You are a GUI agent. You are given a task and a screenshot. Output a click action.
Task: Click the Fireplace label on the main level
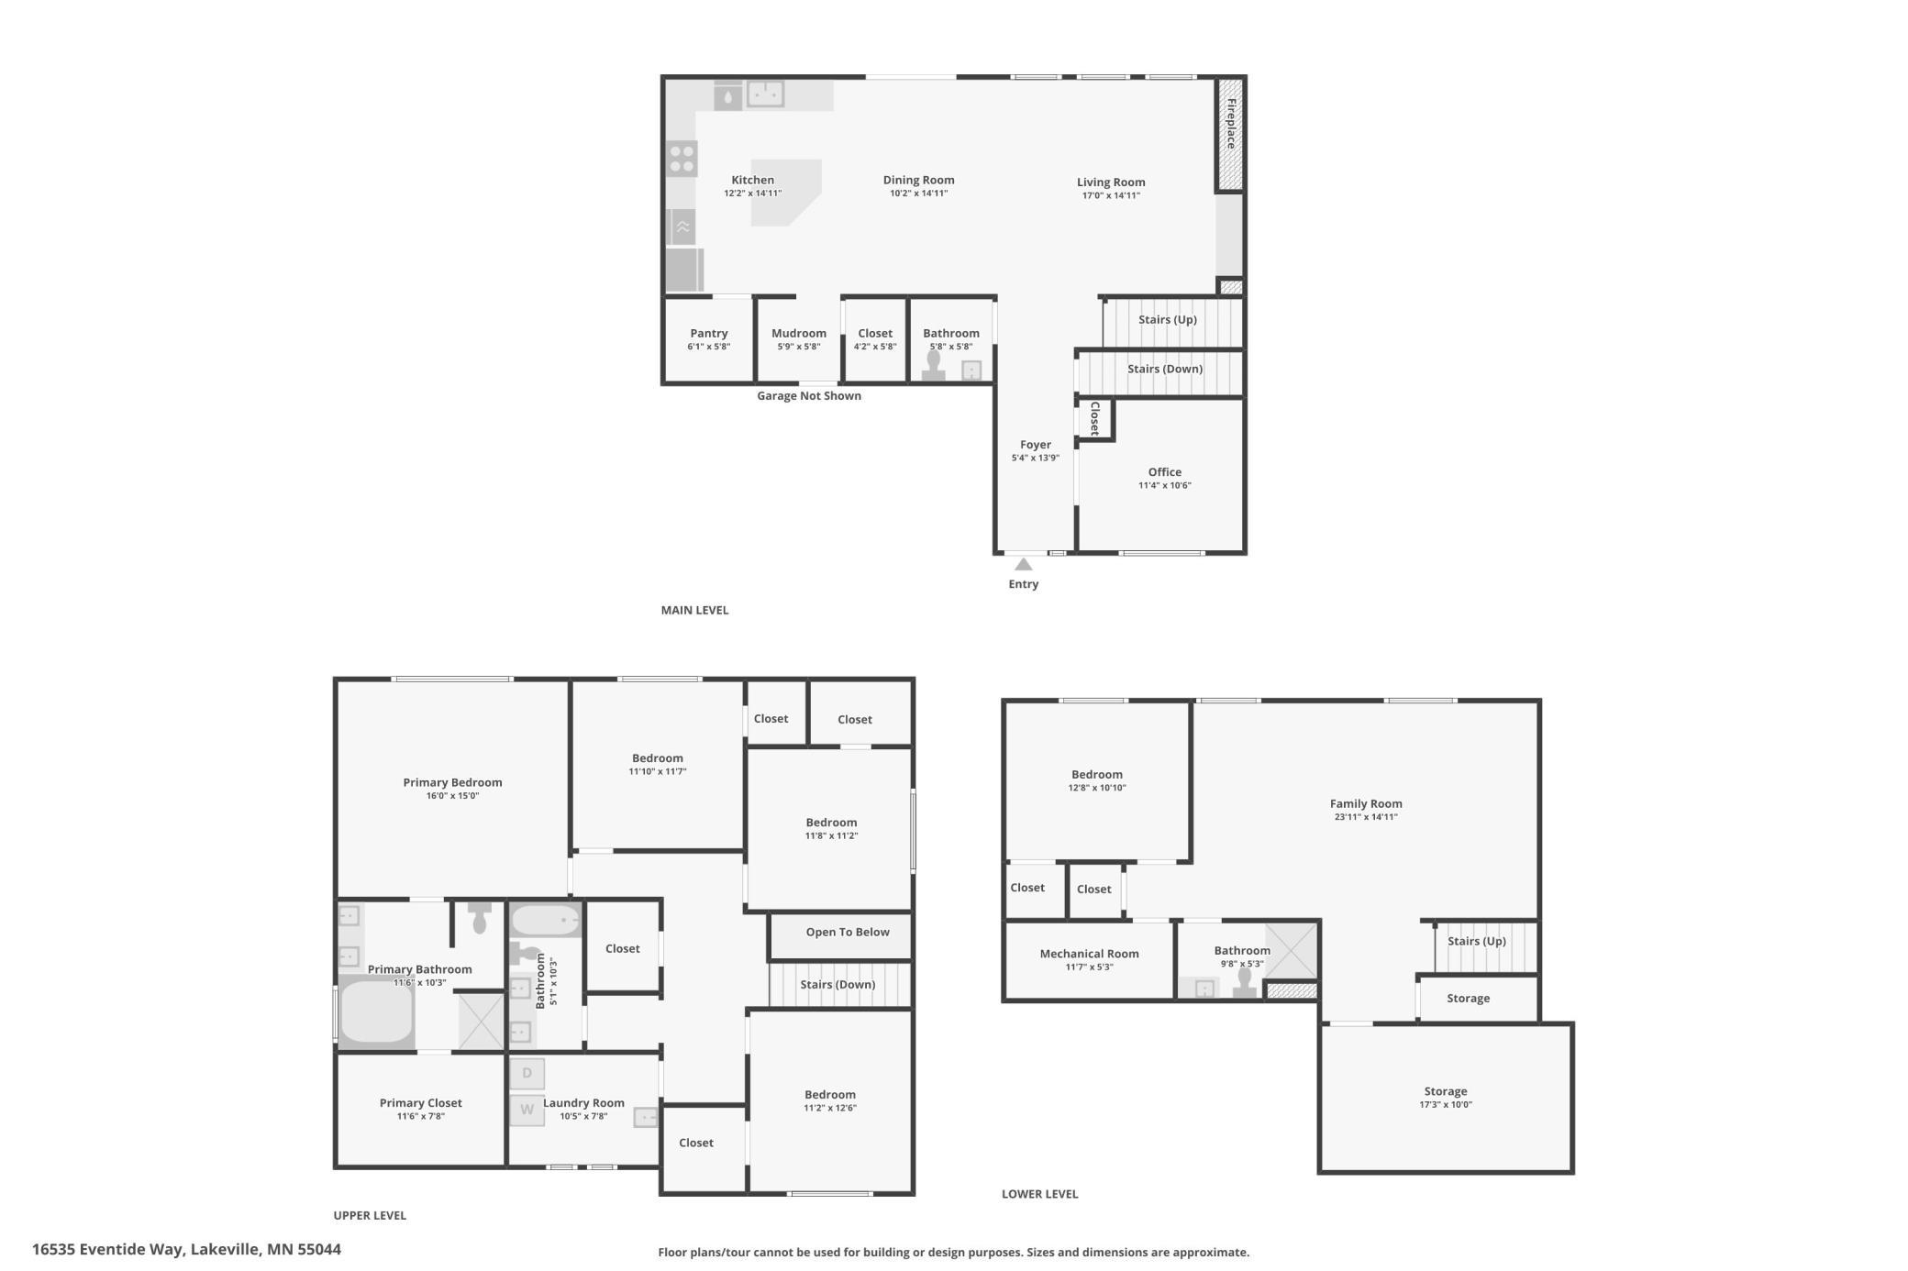tap(1231, 123)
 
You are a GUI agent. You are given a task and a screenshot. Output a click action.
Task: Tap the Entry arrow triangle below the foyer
tap(1024, 564)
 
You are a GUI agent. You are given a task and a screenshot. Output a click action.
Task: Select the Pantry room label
tap(709, 334)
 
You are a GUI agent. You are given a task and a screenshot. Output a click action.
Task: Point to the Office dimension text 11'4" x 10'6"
tap(1165, 486)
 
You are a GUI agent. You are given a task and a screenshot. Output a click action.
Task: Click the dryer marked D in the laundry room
tap(527, 1073)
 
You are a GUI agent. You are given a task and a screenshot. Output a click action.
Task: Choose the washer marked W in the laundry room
tap(527, 1110)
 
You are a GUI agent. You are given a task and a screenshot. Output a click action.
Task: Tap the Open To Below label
tap(848, 933)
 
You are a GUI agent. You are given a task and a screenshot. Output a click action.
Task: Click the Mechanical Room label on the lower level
tap(1090, 954)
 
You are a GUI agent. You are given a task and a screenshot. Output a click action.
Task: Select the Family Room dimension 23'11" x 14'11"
tap(1366, 817)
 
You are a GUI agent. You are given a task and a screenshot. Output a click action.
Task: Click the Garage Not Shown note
tap(809, 396)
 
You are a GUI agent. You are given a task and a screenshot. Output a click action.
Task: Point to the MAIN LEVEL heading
tap(694, 610)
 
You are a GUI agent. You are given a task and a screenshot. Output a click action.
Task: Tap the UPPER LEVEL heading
tap(370, 1215)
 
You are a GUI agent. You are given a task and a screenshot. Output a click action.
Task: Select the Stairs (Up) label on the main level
tap(1168, 320)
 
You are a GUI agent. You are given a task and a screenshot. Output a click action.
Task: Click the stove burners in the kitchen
tap(682, 159)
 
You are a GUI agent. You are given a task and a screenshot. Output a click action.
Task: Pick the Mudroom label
tap(799, 334)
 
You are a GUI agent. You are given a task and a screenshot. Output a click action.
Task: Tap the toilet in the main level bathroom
tap(934, 365)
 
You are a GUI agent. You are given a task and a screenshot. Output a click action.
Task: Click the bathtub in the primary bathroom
tap(377, 1011)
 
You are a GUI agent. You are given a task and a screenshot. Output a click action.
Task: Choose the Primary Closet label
tap(421, 1103)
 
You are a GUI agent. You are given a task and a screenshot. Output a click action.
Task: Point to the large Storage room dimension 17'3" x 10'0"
tap(1446, 1105)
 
